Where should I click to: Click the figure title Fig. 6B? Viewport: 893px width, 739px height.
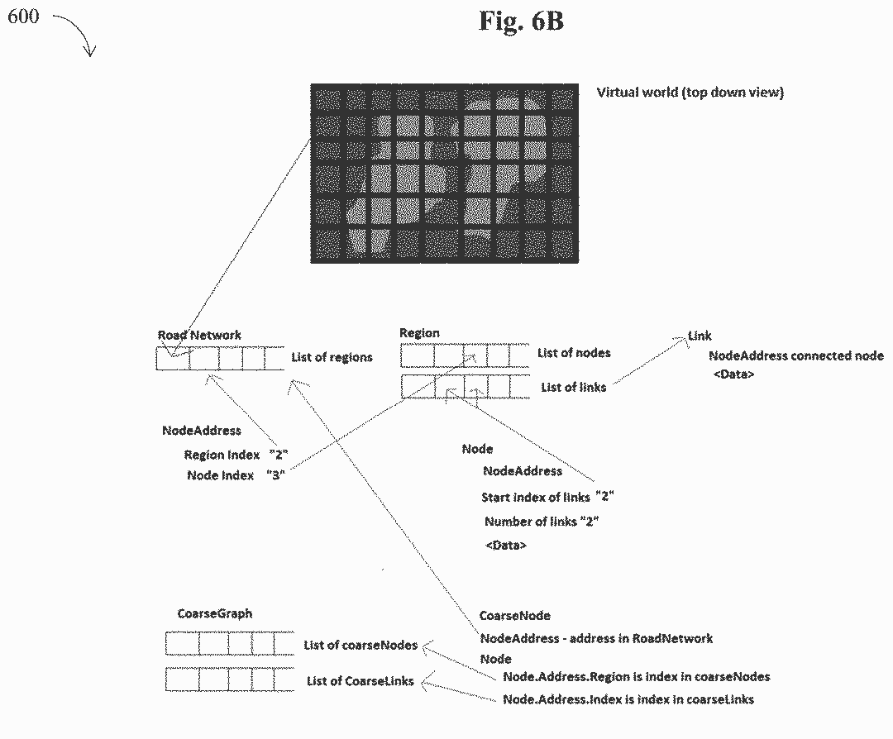[521, 21]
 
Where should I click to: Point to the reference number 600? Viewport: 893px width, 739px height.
[23, 16]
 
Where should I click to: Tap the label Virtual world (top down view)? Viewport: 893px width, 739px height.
[690, 93]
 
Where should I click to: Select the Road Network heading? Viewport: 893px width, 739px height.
[199, 335]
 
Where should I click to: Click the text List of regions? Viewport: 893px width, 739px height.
[332, 357]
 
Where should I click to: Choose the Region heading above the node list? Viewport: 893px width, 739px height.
[419, 333]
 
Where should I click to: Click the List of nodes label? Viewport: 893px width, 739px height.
[574, 353]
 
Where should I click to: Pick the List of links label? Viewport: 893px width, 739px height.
[573, 387]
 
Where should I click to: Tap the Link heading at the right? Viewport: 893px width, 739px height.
[700, 336]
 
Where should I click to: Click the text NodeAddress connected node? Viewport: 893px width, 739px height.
[795, 356]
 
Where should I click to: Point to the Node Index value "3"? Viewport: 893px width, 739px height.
[275, 475]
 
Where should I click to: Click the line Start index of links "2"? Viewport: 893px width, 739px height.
[547, 498]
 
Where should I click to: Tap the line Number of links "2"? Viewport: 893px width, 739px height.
[542, 522]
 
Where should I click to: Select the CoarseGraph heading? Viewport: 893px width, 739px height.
[215, 614]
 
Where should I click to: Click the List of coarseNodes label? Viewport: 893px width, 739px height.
[361, 645]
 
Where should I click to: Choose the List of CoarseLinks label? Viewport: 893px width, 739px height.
[360, 681]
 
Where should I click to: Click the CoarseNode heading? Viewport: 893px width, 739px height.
[514, 616]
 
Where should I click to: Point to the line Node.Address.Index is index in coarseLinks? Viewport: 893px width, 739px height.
[628, 699]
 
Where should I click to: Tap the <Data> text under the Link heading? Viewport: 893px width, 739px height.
[733, 375]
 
